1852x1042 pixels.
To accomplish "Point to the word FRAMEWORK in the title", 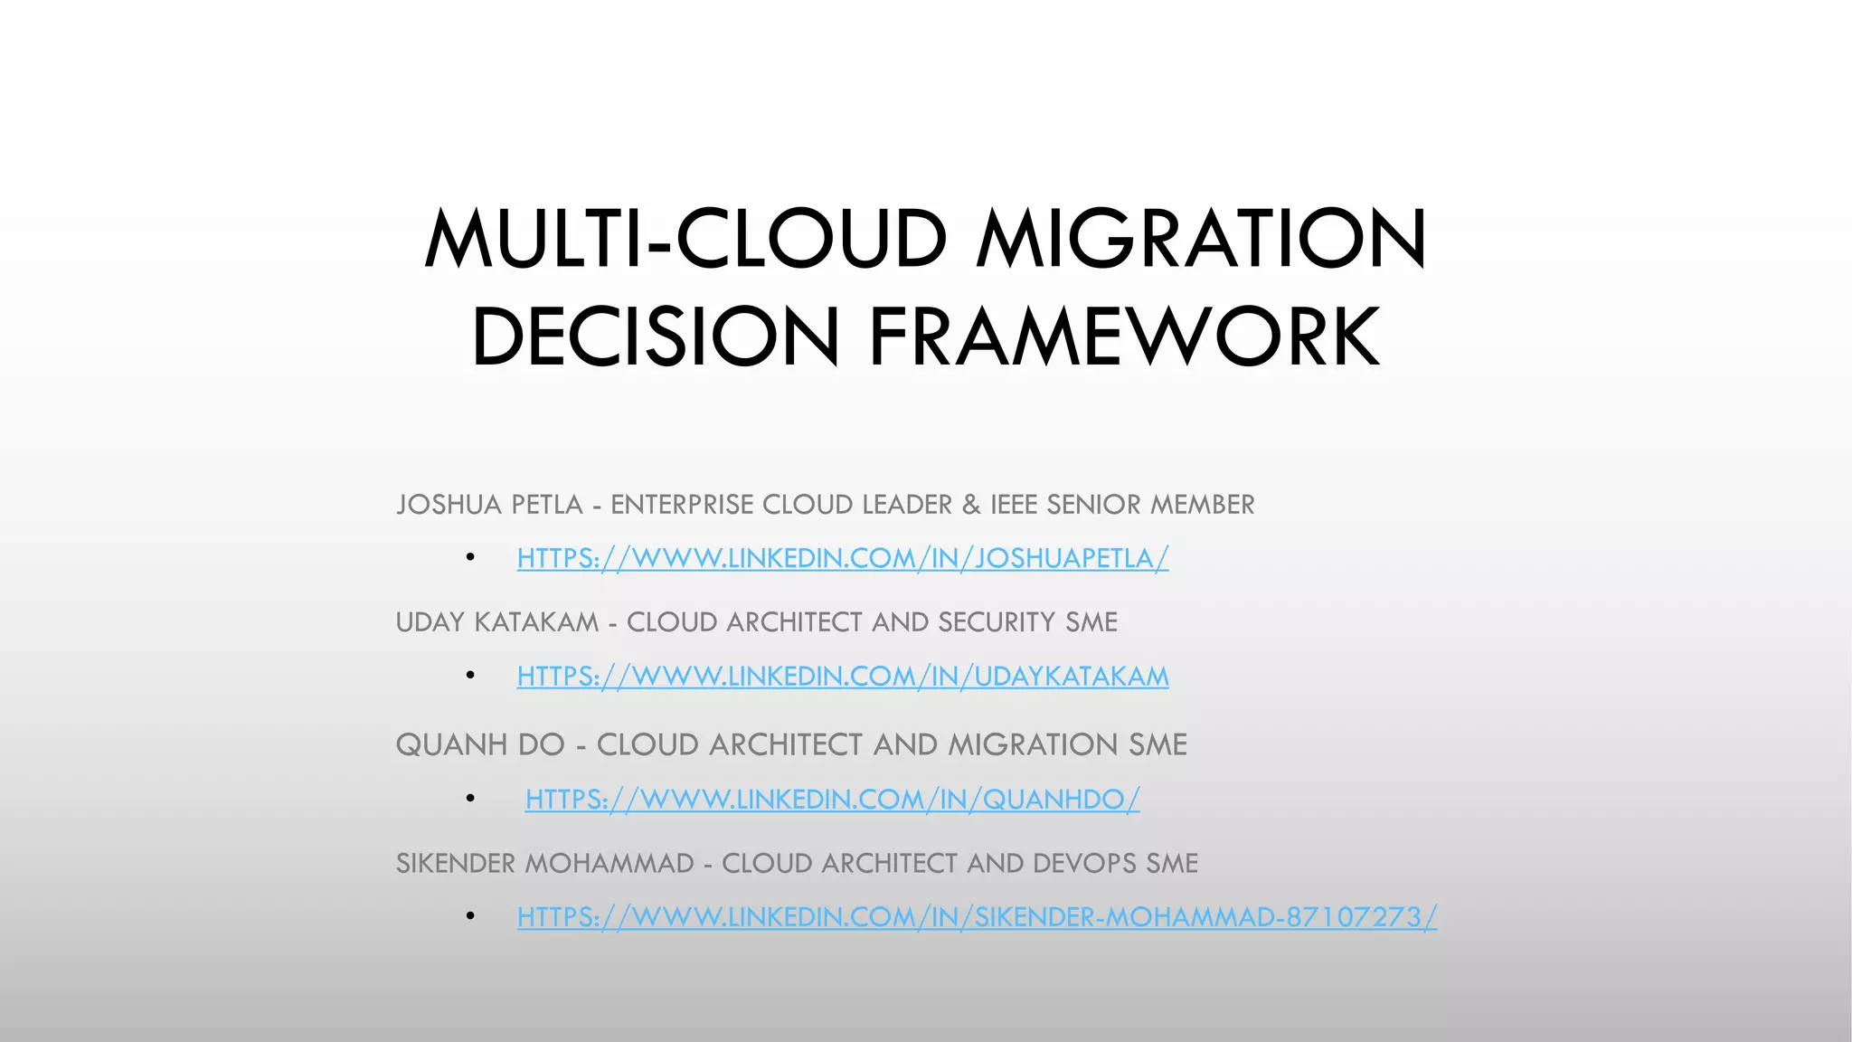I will [x=1124, y=337].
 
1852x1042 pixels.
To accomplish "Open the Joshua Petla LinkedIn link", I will [x=842, y=558].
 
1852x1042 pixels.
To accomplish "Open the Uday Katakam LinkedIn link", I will [x=842, y=676].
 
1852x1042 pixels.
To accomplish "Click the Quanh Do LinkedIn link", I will [x=832, y=799].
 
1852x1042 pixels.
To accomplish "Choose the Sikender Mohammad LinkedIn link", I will [x=977, y=917].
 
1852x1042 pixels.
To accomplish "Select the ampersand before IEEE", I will [x=971, y=505].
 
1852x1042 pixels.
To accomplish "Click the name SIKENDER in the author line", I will [x=456, y=864].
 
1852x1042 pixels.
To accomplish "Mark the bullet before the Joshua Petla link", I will [x=470, y=558].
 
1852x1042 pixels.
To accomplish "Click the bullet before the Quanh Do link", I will [x=470, y=799].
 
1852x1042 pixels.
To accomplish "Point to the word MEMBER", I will [x=1202, y=505].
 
